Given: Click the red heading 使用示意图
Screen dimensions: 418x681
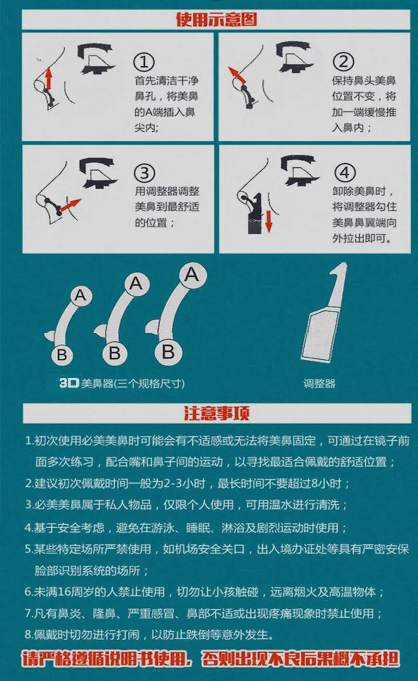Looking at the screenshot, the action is [216, 20].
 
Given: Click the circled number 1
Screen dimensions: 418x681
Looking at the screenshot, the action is [144, 62].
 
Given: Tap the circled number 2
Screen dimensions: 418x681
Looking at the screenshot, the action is [344, 62].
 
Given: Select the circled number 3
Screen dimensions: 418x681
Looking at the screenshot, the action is [145, 173].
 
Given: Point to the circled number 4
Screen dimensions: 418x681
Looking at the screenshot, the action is [345, 173].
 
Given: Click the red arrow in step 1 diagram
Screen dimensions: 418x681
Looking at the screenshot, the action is [49, 78].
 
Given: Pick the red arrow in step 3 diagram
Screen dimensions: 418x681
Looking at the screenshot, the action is [71, 205].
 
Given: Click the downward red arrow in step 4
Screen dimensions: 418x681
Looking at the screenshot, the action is [269, 222].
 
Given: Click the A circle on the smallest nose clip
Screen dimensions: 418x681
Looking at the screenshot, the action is [81, 295].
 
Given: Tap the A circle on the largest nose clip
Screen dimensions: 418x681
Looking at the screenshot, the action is [193, 275].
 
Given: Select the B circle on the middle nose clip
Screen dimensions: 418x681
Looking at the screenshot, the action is [114, 353].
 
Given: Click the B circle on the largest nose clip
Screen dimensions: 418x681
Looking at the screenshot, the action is [168, 352].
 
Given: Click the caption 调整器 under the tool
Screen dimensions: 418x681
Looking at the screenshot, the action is [319, 384].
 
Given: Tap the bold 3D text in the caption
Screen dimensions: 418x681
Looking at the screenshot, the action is [69, 383].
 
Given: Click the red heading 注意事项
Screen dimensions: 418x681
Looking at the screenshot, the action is [217, 413].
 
